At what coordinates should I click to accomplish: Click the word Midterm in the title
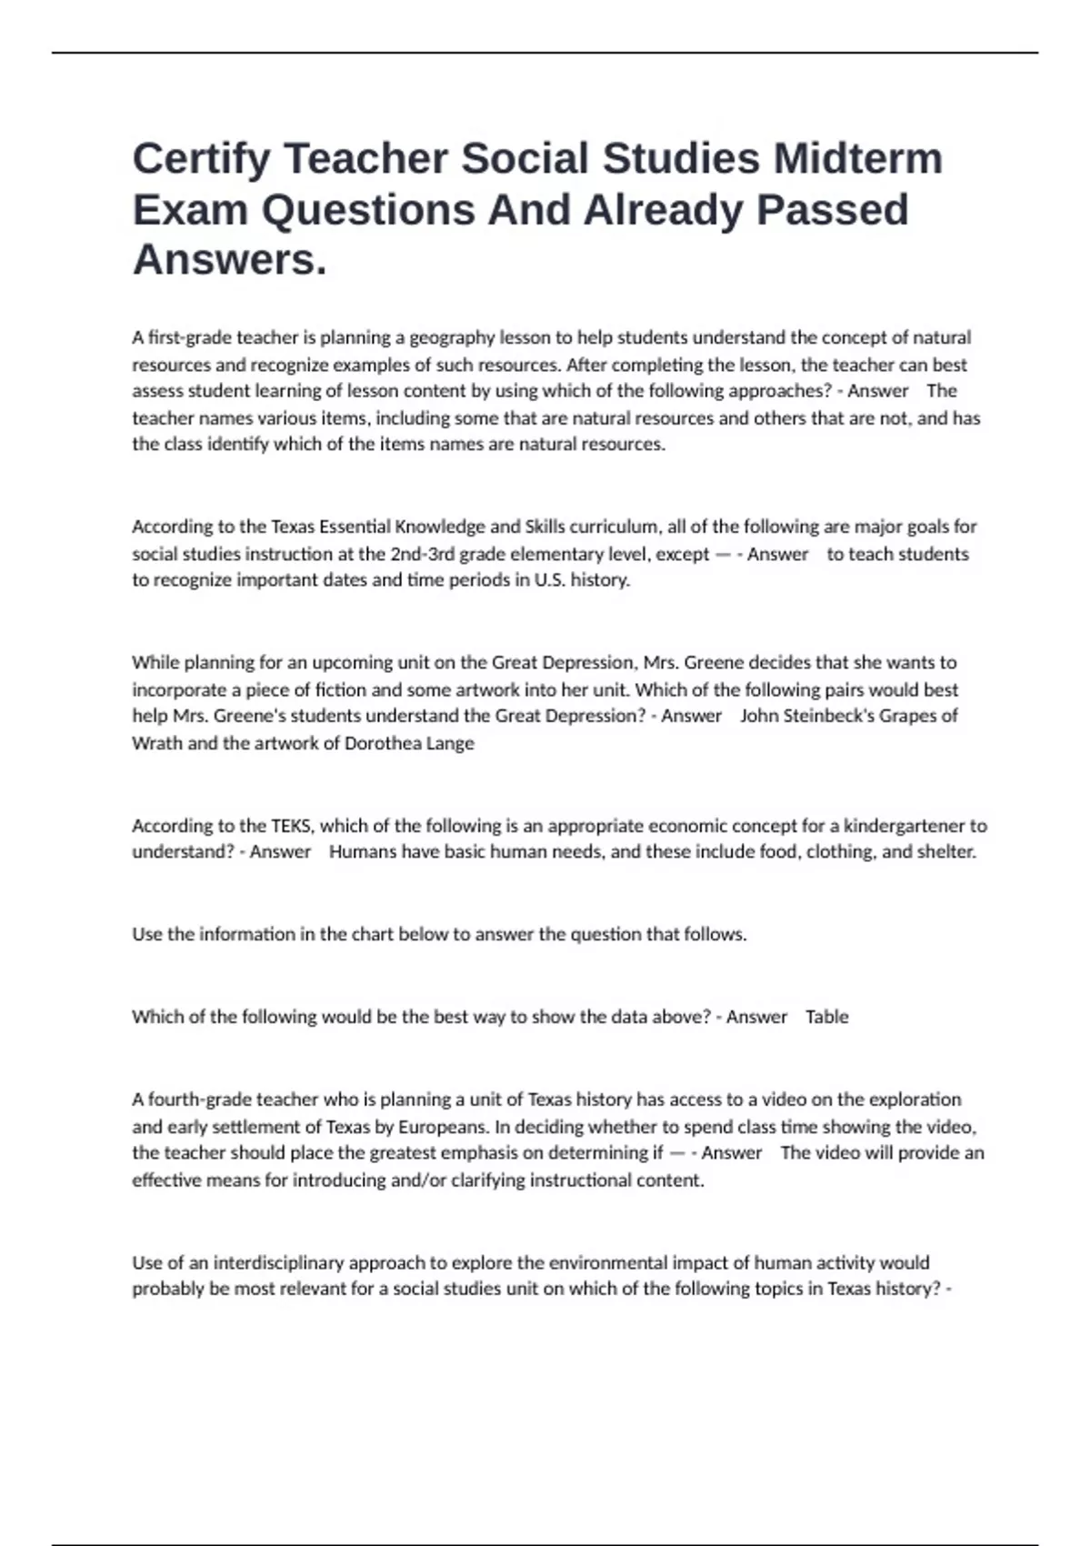[857, 159]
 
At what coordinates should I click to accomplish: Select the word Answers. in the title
[229, 260]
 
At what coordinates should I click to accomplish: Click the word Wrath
[156, 743]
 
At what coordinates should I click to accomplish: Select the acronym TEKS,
[293, 826]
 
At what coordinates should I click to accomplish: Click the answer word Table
[826, 1017]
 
